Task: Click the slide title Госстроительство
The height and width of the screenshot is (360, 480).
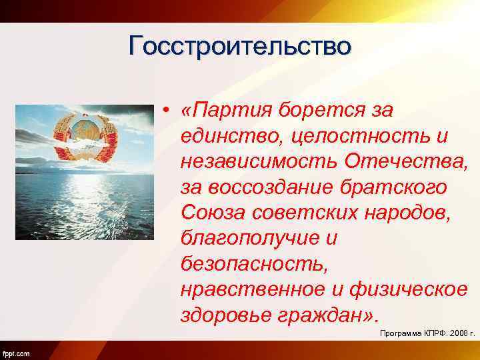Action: (240, 47)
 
